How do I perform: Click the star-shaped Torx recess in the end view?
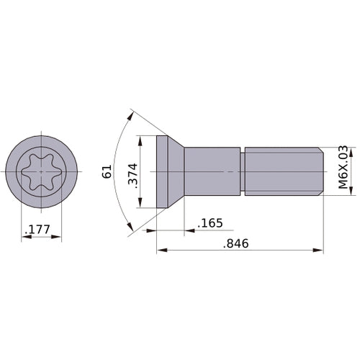coord(41,172)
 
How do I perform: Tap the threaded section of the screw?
coord(281,172)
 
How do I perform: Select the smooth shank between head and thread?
coord(212,172)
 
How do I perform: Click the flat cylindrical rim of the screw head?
coord(161,172)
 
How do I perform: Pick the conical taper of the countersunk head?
coord(176,172)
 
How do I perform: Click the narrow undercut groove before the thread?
coord(243,172)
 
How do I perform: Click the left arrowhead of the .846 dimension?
coord(161,251)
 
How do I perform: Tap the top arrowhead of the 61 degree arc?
coord(132,114)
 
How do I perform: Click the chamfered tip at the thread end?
coord(320,172)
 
